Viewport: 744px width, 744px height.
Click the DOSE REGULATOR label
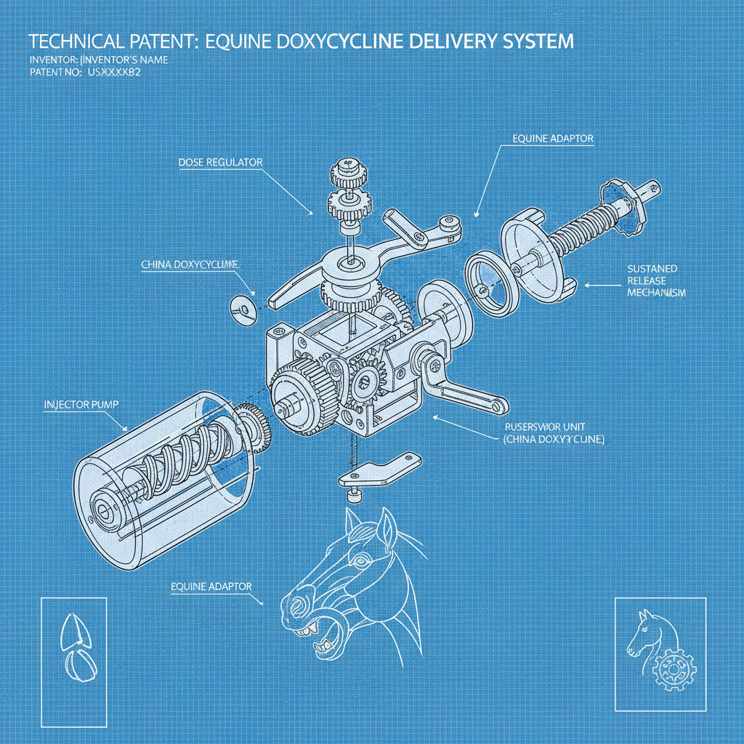(x=219, y=162)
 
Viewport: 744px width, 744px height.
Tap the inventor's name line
(x=99, y=60)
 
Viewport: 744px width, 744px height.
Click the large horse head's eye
(x=359, y=561)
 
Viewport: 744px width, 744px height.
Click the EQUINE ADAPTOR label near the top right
(x=553, y=139)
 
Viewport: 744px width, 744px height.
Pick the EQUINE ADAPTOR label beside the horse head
(x=211, y=585)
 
